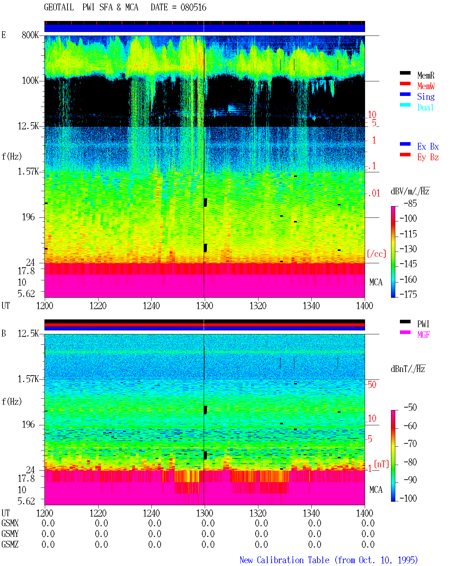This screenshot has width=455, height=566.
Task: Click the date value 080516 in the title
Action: pyautogui.click(x=193, y=7)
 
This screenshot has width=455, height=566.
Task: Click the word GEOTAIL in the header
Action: pyautogui.click(x=59, y=7)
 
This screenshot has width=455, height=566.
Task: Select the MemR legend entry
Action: pyautogui.click(x=426, y=75)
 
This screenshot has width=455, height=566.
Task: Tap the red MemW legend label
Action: pyautogui.click(x=426, y=86)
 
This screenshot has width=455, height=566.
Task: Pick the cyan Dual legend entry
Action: pyautogui.click(x=425, y=107)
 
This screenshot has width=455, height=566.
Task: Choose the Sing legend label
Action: pyautogui.click(x=426, y=97)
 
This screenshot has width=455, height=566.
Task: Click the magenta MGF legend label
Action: pyautogui.click(x=423, y=335)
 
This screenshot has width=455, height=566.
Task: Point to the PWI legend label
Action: pyautogui.click(x=423, y=324)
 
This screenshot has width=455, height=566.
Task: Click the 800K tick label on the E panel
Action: pyautogui.click(x=30, y=35)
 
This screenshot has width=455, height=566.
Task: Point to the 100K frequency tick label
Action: pyautogui.click(x=30, y=81)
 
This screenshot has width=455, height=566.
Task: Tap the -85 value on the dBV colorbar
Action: pyautogui.click(x=410, y=203)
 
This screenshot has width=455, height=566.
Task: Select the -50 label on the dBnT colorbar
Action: pyautogui.click(x=410, y=408)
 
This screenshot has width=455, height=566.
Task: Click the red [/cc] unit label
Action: pyautogui.click(x=376, y=254)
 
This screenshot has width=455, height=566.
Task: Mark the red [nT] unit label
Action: pyautogui.click(x=381, y=464)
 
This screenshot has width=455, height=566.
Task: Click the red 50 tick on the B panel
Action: pyautogui.click(x=372, y=385)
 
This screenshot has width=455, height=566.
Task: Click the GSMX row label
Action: pyautogui.click(x=10, y=523)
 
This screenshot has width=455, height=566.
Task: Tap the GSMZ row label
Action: pyautogui.click(x=10, y=544)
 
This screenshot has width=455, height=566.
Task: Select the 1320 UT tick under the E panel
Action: pyautogui.click(x=258, y=306)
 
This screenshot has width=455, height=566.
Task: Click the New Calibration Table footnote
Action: pyautogui.click(x=328, y=560)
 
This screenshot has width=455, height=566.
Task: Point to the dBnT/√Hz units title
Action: pyautogui.click(x=408, y=369)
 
